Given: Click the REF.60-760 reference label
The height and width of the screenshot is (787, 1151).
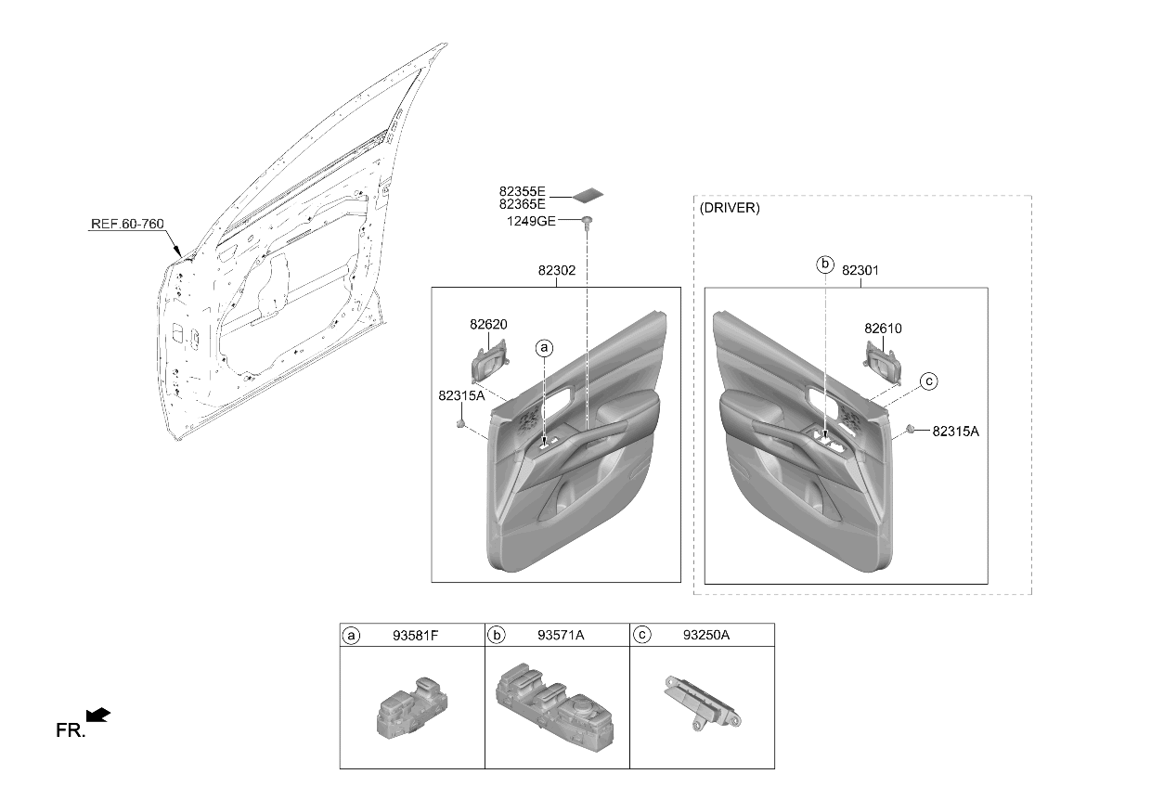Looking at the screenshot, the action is (x=127, y=224).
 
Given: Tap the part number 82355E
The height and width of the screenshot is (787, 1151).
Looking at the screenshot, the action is (x=522, y=191).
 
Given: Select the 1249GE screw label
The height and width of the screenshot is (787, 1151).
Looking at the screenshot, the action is (x=531, y=222).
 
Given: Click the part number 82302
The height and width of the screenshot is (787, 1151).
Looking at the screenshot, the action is (x=557, y=270).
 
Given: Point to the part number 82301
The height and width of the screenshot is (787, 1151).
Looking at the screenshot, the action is (x=860, y=270).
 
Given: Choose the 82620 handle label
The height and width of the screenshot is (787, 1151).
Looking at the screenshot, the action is (x=488, y=325).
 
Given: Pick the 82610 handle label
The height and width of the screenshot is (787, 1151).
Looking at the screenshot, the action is (x=883, y=329).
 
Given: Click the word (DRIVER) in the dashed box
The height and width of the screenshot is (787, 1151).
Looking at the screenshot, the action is (x=730, y=208).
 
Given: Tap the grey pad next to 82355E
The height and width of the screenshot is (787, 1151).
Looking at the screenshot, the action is (x=588, y=195).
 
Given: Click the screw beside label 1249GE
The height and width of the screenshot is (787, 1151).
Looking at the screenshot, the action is (x=588, y=222).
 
